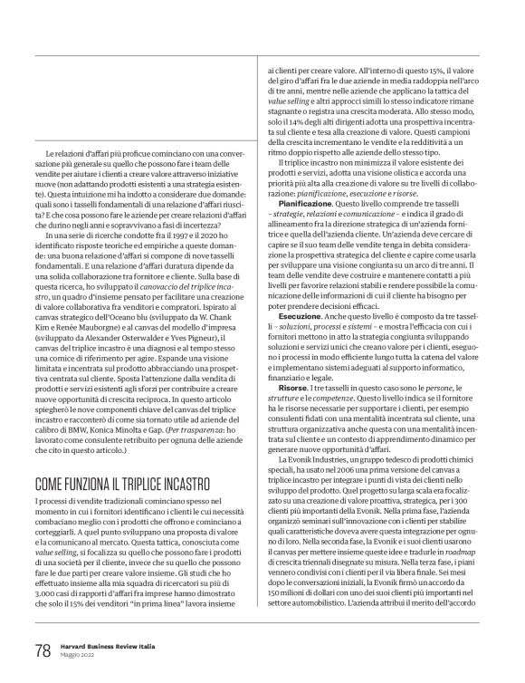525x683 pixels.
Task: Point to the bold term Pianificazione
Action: pyautogui.click(x=294, y=206)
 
